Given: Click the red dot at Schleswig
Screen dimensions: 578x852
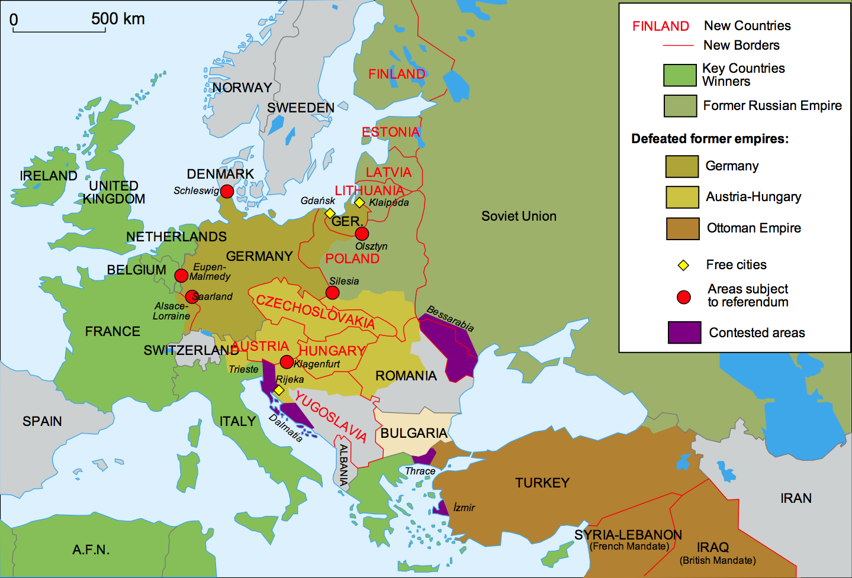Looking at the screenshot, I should [x=227, y=191].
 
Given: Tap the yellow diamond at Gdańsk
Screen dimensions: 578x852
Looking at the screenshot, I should [x=330, y=213].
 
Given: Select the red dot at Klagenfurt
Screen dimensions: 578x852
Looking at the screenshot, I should [x=287, y=362].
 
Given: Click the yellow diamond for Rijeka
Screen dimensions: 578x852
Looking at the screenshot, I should [x=279, y=390].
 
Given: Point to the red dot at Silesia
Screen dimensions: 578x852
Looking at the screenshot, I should [x=333, y=293].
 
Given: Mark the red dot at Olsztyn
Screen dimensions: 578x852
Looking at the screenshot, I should [x=362, y=234].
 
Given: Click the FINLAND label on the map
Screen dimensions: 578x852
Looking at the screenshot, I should [x=397, y=74].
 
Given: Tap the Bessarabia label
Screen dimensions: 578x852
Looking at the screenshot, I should [x=450, y=318].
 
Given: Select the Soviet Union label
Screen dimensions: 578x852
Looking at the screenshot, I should [x=519, y=216].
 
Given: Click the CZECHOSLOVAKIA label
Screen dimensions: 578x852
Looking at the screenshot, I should [x=315, y=312].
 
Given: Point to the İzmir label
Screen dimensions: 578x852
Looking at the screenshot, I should [x=464, y=508].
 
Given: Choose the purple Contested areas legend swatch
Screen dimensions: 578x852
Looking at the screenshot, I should [x=684, y=332].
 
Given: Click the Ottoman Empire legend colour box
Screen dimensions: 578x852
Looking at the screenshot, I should [x=682, y=228].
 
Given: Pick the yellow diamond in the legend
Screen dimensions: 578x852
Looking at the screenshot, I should [x=683, y=265].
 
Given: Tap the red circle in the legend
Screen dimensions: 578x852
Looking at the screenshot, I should [x=684, y=297].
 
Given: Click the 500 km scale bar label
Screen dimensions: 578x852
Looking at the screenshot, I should [x=118, y=19].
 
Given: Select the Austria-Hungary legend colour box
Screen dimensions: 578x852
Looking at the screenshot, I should [x=682, y=197].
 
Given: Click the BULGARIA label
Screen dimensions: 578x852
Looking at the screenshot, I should [x=414, y=433].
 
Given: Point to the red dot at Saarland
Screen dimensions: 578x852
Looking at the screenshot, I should [x=192, y=296].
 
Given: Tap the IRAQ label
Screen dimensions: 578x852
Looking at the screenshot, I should [x=713, y=547].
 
